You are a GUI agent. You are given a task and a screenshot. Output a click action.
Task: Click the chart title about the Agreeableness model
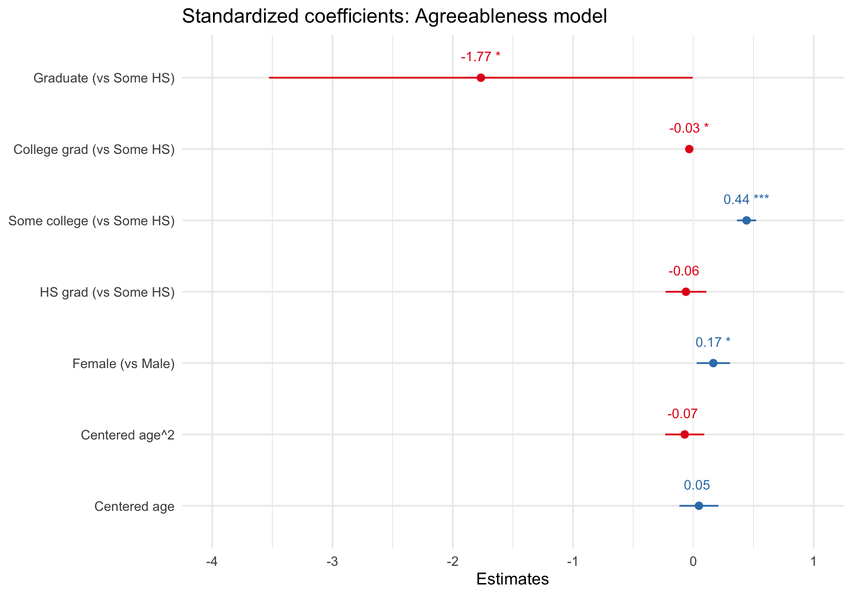(394, 17)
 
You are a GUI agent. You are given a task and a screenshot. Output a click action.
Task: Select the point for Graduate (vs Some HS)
(481, 78)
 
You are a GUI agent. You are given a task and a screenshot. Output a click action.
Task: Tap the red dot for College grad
(689, 149)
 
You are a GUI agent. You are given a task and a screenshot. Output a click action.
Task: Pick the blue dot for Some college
(746, 220)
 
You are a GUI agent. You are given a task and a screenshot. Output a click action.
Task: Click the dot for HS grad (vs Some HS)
(686, 292)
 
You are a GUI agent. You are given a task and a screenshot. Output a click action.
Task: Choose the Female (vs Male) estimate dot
(713, 363)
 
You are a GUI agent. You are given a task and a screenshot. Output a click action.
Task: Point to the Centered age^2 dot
(684, 435)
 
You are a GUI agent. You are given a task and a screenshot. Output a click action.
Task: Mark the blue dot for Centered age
(699, 506)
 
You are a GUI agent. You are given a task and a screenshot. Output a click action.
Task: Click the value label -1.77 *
(481, 57)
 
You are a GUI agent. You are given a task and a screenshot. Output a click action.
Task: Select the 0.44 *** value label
(746, 200)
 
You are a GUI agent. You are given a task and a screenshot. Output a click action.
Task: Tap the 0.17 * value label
(713, 342)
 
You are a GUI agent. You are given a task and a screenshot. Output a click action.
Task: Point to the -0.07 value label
(682, 414)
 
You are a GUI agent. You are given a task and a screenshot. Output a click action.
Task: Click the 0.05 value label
(697, 485)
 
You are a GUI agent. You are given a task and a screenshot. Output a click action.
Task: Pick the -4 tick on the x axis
(212, 562)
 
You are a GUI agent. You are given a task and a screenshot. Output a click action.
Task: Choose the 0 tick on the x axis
(693, 562)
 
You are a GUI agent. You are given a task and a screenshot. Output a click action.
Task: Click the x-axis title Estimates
(513, 579)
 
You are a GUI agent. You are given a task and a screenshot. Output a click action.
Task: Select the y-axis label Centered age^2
(128, 435)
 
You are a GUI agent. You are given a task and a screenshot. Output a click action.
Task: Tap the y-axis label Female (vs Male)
(123, 364)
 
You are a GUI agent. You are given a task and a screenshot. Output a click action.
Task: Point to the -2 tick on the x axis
(453, 562)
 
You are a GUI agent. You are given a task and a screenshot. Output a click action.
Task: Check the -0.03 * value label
(689, 128)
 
